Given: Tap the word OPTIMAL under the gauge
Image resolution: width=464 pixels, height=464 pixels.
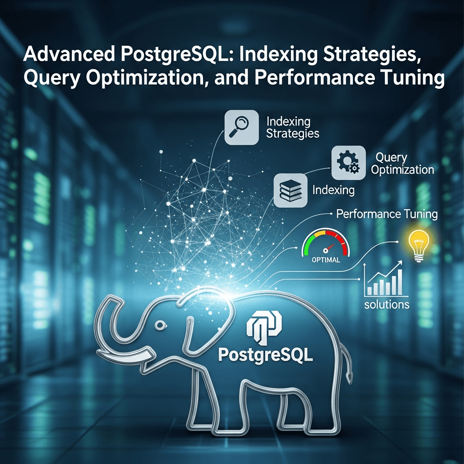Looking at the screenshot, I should [x=326, y=261].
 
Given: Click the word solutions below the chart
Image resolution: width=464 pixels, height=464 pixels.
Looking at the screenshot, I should [x=387, y=304].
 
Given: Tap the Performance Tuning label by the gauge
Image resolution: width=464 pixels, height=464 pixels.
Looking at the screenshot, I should [x=387, y=214].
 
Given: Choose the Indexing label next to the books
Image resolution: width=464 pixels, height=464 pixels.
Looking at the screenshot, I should [x=333, y=190].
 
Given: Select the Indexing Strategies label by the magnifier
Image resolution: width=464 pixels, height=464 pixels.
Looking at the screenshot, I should [x=292, y=127].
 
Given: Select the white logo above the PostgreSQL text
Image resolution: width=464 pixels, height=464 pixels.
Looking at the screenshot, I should [x=263, y=327].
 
